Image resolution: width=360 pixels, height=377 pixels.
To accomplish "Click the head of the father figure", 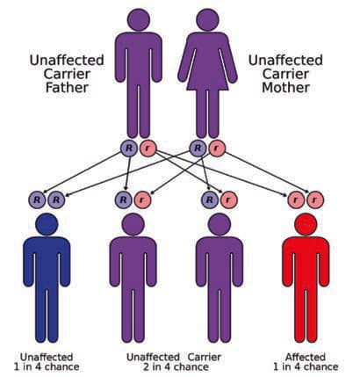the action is [139, 19].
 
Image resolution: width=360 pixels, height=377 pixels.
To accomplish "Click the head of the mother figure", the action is [207, 19].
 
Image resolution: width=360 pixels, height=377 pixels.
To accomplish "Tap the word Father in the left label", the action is [67, 88].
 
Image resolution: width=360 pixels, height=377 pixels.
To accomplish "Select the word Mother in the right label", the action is [285, 88].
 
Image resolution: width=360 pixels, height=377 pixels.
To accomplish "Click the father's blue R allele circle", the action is [129, 148].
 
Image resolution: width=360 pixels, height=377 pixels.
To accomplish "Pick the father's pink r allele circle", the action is [148, 149].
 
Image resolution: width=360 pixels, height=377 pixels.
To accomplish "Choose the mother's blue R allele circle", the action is [198, 148].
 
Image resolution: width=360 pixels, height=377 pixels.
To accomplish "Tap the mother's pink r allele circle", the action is [217, 149].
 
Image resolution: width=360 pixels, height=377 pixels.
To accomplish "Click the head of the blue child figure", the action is [47, 224].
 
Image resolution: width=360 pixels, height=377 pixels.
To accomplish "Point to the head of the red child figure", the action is [306, 224].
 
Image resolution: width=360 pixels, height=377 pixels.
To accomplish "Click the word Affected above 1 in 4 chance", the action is [306, 357].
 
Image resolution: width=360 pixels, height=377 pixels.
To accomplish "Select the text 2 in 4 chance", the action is [176, 367].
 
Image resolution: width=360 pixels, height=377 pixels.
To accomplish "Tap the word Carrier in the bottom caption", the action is [205, 357].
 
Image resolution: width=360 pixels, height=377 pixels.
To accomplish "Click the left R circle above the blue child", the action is [37, 199].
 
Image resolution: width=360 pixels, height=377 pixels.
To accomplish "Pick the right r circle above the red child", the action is [315, 199].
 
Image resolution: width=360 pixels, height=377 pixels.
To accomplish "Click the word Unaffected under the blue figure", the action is [47, 357].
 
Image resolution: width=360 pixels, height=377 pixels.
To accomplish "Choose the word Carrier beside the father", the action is [67, 74].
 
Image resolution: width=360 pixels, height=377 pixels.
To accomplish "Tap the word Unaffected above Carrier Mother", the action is [285, 60].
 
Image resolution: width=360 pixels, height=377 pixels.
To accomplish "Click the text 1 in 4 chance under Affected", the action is [306, 367].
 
